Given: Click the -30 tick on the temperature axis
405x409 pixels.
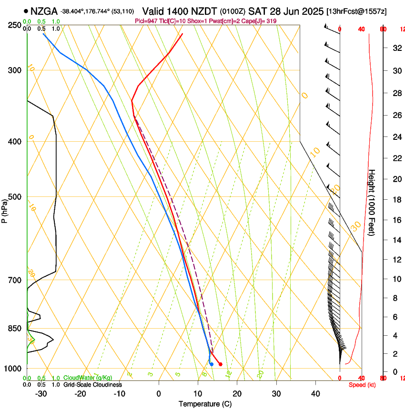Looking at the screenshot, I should (x=41, y=393).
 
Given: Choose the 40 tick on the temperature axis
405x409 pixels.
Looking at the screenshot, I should (x=315, y=393).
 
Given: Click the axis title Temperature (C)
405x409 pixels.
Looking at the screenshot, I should (x=205, y=404).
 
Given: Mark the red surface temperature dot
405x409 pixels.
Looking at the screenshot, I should (x=220, y=364).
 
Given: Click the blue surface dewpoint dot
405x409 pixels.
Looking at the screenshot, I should (x=211, y=364).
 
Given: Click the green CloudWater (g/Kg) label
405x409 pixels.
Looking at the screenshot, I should (x=88, y=378).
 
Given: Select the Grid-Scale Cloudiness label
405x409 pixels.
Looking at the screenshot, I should (x=92, y=384).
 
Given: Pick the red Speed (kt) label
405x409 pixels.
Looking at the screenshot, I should (x=362, y=385).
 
